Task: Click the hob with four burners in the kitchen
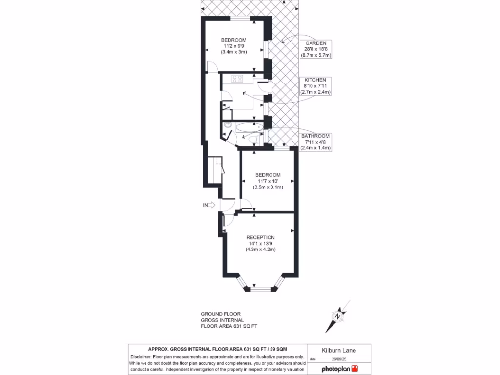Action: point(237,78)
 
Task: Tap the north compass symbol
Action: point(337,316)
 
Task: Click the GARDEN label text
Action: point(315,43)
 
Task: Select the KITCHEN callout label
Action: point(315,80)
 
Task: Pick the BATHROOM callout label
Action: point(315,136)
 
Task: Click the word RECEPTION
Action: point(261,237)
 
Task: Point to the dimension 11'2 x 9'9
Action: point(233,46)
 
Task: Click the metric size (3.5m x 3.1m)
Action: point(268,187)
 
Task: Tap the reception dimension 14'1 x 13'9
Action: point(261,243)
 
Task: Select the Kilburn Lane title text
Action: point(338,350)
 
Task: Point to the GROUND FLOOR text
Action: point(220,314)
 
